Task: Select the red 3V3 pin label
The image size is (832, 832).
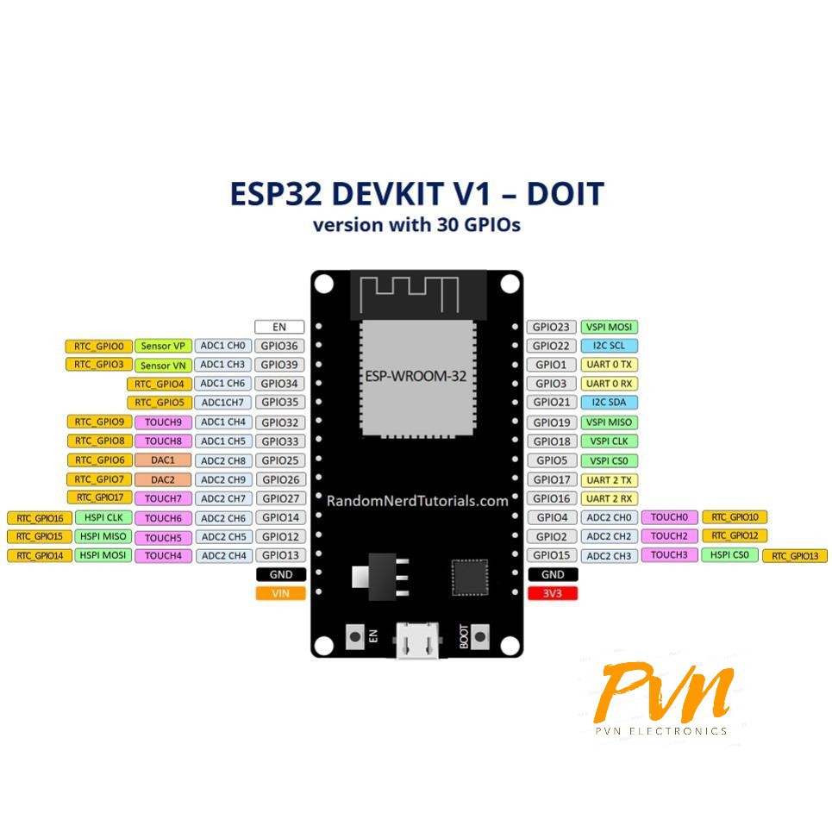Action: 553,593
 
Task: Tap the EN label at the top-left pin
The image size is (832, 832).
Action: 279,327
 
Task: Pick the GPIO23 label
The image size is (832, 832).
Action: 551,327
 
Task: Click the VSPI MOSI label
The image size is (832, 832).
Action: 610,327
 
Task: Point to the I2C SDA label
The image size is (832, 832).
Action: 610,403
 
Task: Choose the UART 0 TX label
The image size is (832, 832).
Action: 610,365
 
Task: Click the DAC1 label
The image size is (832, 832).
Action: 163,460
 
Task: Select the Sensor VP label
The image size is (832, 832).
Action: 163,346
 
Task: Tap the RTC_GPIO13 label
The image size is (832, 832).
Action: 794,556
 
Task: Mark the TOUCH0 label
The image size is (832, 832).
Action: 668,517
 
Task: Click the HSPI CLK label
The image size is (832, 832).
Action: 103,517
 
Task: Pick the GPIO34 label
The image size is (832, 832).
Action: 280,384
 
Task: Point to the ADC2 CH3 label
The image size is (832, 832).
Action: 610,556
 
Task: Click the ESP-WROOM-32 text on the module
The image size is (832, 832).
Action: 417,376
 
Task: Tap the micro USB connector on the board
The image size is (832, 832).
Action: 417,642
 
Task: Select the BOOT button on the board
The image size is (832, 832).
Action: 480,637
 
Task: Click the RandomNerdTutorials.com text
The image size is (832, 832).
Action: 417,500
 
